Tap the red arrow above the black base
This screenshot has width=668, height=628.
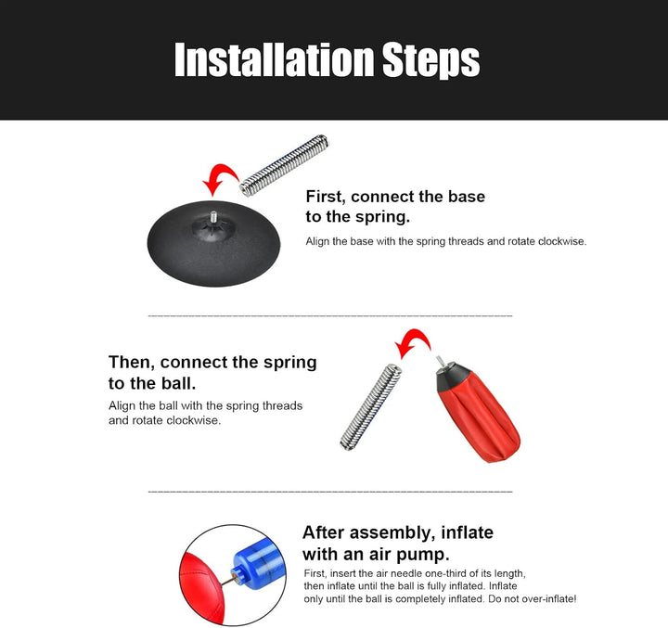point(221,178)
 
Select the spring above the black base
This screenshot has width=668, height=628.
point(284,165)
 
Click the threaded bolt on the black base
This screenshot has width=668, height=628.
point(213,216)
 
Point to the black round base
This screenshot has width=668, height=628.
point(213,244)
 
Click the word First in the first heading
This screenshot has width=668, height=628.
point(325,197)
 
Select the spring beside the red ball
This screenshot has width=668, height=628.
point(371,407)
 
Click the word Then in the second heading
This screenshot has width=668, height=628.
point(132,362)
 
